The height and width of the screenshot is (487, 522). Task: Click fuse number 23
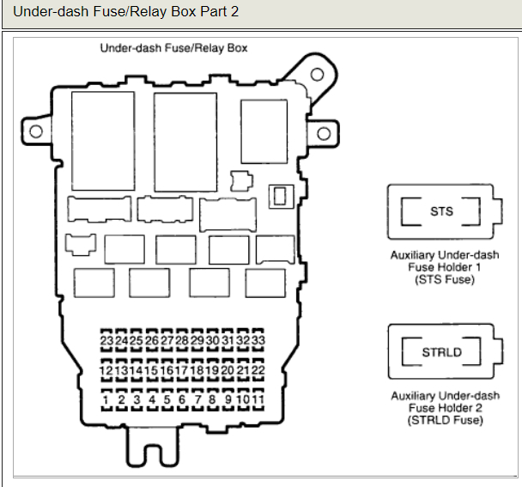pyautogui.click(x=106, y=341)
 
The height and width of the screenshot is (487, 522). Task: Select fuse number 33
pyautogui.click(x=258, y=341)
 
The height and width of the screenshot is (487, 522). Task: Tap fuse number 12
pyautogui.click(x=106, y=370)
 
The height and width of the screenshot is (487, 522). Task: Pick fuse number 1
pyautogui.click(x=106, y=399)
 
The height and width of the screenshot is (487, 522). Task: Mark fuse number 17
pyautogui.click(x=182, y=370)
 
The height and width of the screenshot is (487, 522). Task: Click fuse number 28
pyautogui.click(x=182, y=341)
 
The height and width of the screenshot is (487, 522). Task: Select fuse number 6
pyautogui.click(x=182, y=399)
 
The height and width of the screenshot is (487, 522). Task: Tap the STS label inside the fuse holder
pyautogui.click(x=442, y=211)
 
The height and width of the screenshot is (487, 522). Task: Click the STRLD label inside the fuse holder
pyautogui.click(x=441, y=352)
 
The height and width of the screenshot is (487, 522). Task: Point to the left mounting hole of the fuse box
pyautogui.click(x=36, y=131)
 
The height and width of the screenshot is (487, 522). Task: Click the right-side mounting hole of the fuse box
pyautogui.click(x=324, y=134)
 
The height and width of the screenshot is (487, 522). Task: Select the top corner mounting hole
pyautogui.click(x=316, y=75)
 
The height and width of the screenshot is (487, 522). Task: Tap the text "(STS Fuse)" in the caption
pyautogui.click(x=444, y=279)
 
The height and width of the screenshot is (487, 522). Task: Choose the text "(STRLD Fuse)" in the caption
pyautogui.click(x=445, y=420)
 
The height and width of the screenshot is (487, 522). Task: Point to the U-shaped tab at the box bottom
pyautogui.click(x=153, y=447)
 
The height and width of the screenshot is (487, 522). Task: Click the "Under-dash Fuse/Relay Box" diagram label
pyautogui.click(x=173, y=48)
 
